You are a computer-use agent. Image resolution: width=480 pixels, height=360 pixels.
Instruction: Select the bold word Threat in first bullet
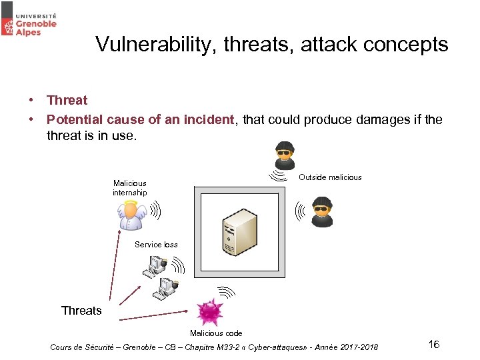tap(67, 101)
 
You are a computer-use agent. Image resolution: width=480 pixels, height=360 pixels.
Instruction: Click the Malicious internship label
tap(129, 188)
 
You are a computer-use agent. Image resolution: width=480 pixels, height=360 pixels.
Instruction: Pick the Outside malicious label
tap(330, 177)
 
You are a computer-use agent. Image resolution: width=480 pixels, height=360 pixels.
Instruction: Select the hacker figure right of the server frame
tap(323, 212)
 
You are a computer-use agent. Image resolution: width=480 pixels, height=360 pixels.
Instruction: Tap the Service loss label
tap(156, 245)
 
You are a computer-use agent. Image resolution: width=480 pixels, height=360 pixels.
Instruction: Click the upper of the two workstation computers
tap(155, 266)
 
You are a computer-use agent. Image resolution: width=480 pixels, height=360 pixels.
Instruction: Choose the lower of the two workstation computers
tap(164, 289)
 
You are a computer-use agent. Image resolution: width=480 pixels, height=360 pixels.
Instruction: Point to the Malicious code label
tap(216, 333)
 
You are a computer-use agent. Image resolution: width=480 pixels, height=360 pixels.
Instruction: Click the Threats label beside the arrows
tap(81, 311)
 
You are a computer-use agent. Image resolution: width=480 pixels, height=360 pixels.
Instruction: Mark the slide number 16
tap(433, 345)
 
